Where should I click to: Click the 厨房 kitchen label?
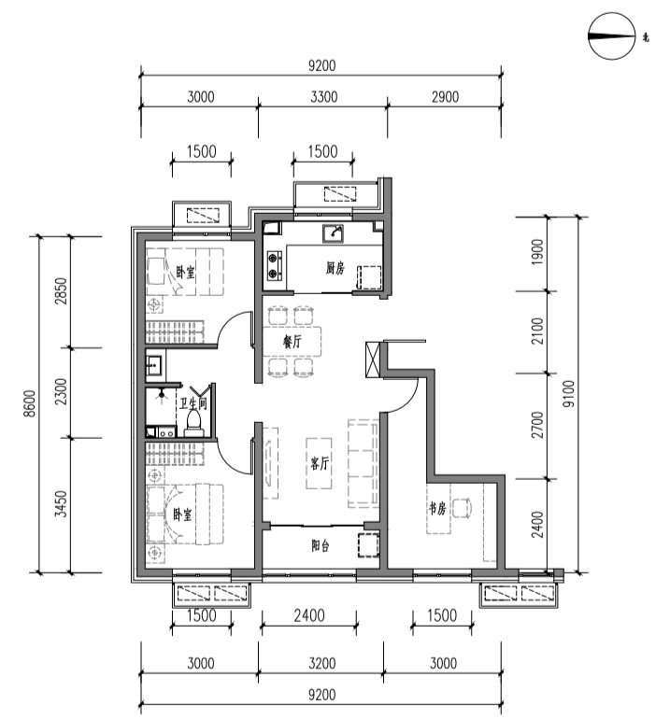point(335,268)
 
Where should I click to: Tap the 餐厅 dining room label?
point(292,342)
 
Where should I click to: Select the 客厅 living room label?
point(320,463)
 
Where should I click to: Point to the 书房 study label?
point(437,508)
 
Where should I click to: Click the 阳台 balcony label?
point(321,545)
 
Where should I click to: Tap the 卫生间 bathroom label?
point(192,403)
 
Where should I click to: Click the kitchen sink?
point(333,233)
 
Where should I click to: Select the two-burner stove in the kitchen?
point(275,266)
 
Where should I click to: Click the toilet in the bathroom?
point(193,423)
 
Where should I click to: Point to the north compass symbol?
point(612,36)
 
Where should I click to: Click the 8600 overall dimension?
point(29,403)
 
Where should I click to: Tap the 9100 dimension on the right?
point(568,394)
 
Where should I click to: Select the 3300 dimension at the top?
point(324,97)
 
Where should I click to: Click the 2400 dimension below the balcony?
point(309,615)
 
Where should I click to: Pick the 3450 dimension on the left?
point(61,504)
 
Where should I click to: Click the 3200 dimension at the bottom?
point(322,663)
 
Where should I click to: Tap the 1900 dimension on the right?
point(537,252)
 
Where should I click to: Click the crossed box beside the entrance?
point(373,359)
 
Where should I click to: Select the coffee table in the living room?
point(319,463)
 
